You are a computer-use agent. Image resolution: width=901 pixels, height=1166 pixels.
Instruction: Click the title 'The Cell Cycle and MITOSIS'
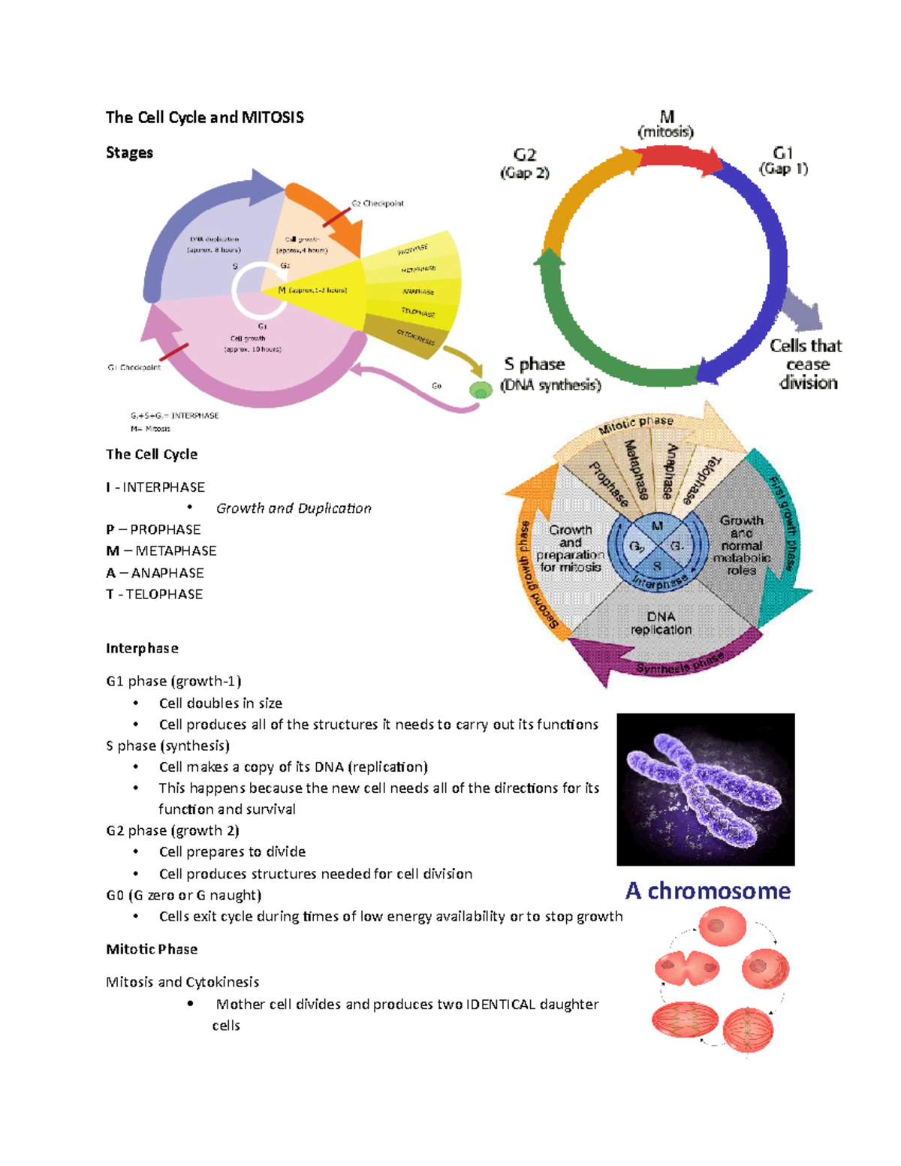tap(204, 117)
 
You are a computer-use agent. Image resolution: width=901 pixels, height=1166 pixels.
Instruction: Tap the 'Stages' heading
tap(129, 152)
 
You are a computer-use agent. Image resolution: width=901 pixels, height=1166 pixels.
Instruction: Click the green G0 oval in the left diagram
tap(481, 390)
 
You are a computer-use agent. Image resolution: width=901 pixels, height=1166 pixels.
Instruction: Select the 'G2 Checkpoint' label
tap(378, 203)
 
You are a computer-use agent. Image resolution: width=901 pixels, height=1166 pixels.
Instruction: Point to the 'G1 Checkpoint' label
tap(134, 368)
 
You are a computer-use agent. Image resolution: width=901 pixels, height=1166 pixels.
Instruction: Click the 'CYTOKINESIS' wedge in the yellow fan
tap(415, 338)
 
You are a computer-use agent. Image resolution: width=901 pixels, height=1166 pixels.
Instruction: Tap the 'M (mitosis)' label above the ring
tap(666, 125)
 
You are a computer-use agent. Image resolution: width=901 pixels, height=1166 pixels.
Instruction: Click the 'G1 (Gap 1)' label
tap(783, 161)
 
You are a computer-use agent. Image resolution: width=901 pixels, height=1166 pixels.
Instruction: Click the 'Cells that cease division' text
tap(806, 364)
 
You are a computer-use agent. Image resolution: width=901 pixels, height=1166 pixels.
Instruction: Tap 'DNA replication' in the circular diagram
tap(661, 623)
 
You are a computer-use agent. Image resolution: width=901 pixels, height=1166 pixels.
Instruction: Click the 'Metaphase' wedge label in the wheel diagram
tap(637, 470)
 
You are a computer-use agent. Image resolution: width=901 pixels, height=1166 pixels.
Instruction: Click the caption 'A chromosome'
tap(707, 891)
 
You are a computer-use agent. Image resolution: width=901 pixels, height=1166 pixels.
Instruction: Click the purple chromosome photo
tap(705, 789)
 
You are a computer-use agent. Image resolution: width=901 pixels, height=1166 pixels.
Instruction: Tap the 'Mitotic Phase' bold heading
tap(152, 949)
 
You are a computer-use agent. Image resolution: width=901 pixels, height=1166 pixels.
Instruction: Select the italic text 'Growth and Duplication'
tap(294, 508)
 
